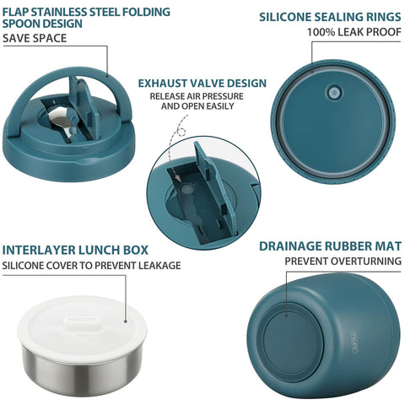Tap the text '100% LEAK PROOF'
[353, 33]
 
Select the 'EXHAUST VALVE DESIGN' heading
[202, 83]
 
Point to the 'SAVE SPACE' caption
[33, 39]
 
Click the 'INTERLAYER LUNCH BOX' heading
[75, 250]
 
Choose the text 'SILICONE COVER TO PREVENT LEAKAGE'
[91, 266]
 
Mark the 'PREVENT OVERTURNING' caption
[342, 262]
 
